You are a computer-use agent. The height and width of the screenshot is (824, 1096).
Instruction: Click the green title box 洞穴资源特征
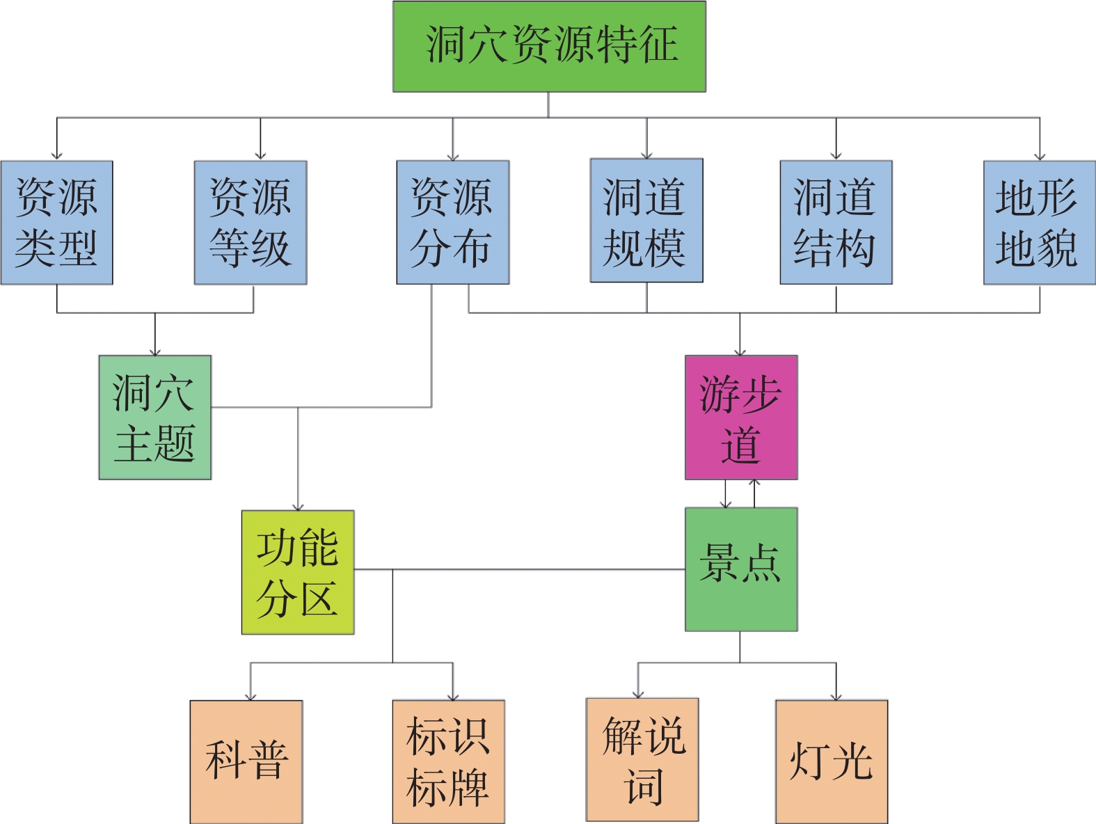[549, 47]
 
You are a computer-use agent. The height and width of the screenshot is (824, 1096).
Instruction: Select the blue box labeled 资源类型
[56, 223]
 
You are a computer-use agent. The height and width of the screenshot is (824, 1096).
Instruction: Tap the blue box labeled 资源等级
[251, 223]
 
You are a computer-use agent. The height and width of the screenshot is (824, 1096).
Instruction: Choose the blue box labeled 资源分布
[453, 223]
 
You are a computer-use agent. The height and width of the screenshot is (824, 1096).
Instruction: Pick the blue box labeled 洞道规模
[646, 221]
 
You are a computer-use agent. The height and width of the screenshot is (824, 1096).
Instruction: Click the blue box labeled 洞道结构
[836, 223]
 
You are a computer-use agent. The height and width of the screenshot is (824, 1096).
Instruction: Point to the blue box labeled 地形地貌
[1040, 223]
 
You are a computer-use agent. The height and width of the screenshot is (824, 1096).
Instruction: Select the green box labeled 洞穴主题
[155, 418]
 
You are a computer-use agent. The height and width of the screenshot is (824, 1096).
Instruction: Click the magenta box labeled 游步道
[741, 418]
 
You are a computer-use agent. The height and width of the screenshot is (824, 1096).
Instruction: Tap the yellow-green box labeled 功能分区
[298, 572]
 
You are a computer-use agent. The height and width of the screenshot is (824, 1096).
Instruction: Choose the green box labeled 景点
[741, 569]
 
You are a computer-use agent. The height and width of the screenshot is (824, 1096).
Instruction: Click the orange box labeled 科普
[246, 761]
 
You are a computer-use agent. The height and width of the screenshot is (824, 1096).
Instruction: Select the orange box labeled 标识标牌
[449, 761]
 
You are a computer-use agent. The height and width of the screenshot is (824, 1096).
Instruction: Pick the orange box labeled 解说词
[642, 760]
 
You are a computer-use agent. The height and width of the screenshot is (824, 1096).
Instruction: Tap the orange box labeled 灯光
[832, 761]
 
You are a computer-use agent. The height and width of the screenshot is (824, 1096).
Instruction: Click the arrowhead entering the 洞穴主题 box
[155, 352]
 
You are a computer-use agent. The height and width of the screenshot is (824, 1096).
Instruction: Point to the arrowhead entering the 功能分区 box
[298, 507]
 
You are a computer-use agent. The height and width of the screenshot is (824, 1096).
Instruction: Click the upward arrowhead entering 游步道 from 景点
[754, 482]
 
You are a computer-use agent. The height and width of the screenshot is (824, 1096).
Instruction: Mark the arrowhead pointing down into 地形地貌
[1040, 157]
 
